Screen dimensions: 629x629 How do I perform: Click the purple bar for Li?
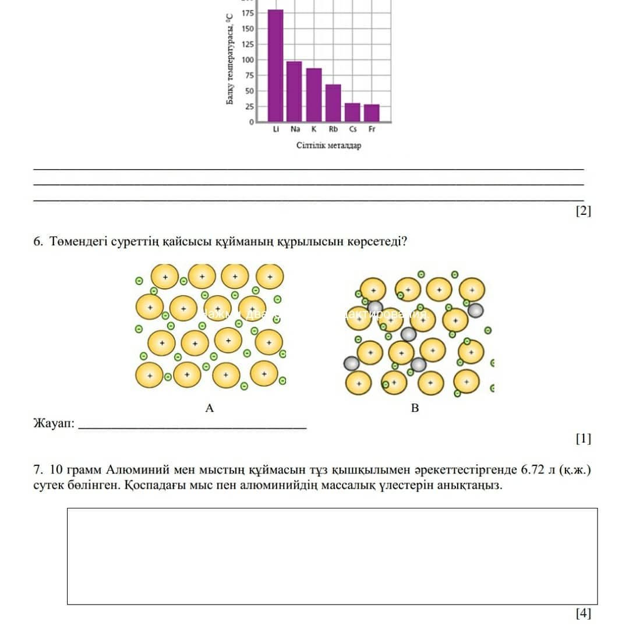coord(275,65)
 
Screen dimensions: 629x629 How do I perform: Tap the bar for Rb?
coord(333,103)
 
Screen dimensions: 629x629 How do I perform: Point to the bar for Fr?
coord(372,113)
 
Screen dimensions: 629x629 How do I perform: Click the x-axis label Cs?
coord(353,130)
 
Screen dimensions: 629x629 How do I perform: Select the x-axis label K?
coord(314,130)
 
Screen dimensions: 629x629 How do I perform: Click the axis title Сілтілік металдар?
coord(328,145)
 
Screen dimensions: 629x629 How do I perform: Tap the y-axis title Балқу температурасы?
coord(230,59)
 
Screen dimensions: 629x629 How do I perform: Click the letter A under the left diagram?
coord(210,409)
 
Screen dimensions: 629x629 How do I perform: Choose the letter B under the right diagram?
coord(415,409)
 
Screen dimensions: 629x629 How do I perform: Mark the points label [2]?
coord(583,211)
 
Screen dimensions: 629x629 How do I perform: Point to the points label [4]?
coord(583,613)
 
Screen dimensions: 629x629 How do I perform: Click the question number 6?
coord(38,242)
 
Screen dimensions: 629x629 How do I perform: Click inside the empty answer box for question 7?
coord(332,556)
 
